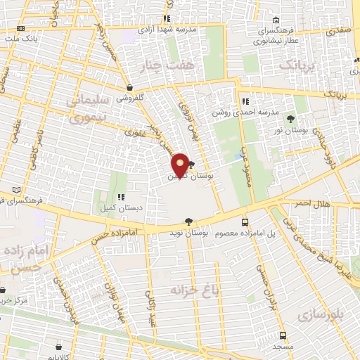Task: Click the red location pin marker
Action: pos(181,165)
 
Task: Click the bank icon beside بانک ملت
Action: pos(20,29)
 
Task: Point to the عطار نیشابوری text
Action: pos(264,41)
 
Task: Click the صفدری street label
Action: pos(338,31)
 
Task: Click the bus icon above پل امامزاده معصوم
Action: pos(245,221)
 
